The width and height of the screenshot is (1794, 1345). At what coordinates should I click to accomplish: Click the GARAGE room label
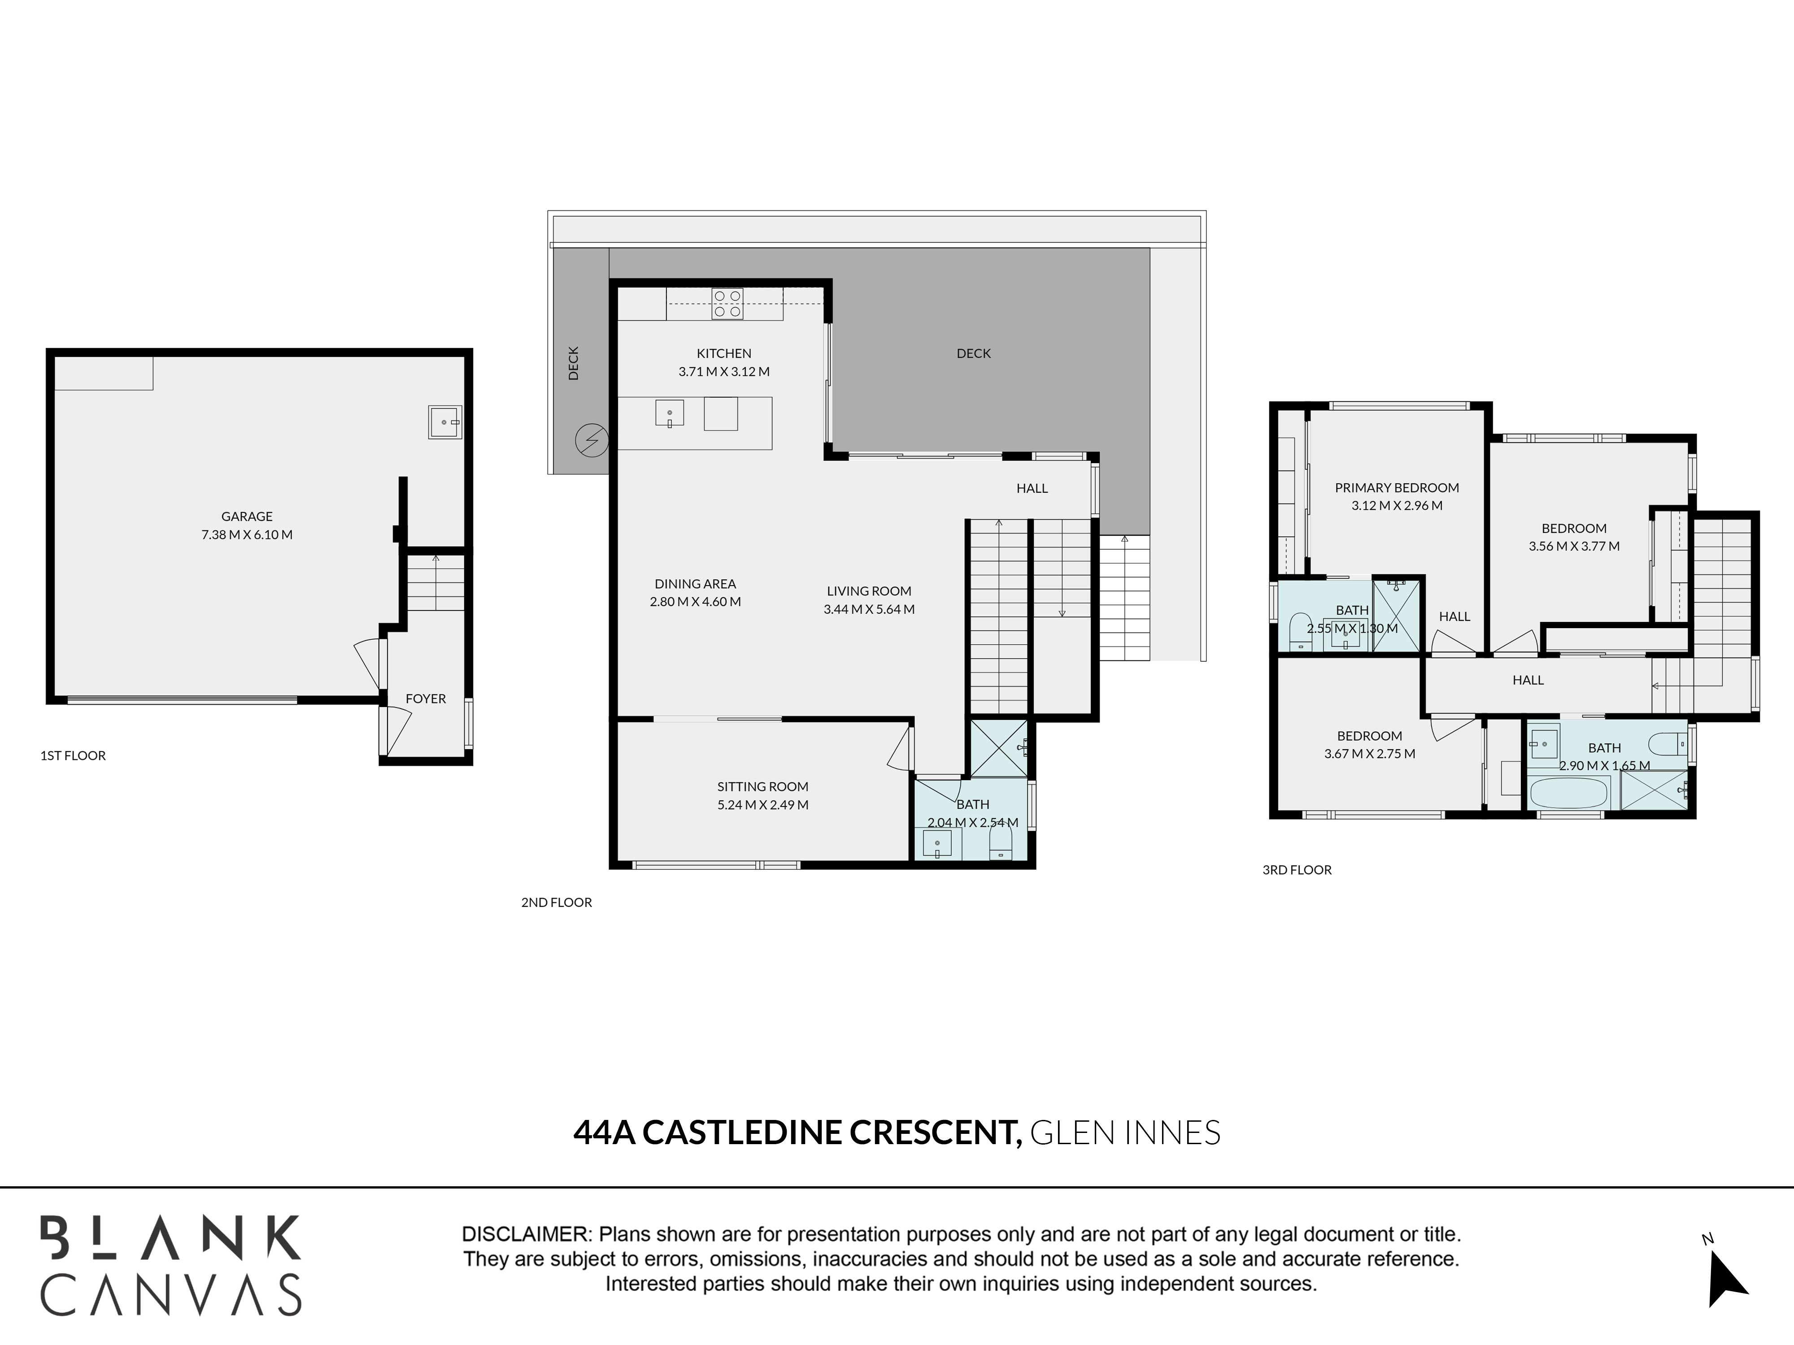(x=248, y=516)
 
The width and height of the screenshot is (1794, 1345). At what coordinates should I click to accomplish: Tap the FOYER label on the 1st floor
(x=426, y=699)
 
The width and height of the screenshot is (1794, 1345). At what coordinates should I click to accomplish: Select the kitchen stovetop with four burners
(x=727, y=304)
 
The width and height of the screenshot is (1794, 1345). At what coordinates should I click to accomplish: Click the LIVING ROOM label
(x=870, y=591)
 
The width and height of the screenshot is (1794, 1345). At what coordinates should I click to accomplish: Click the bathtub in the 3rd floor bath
(x=1568, y=793)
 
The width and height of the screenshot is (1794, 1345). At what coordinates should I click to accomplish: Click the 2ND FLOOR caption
(x=557, y=902)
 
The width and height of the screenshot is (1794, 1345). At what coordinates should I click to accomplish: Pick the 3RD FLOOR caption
(x=1297, y=870)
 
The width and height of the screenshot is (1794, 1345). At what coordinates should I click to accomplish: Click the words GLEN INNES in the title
(x=1125, y=1132)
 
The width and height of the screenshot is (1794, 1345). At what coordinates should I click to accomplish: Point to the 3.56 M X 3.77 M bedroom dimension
(x=1574, y=547)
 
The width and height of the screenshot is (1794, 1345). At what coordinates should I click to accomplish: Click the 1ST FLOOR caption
(x=73, y=755)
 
